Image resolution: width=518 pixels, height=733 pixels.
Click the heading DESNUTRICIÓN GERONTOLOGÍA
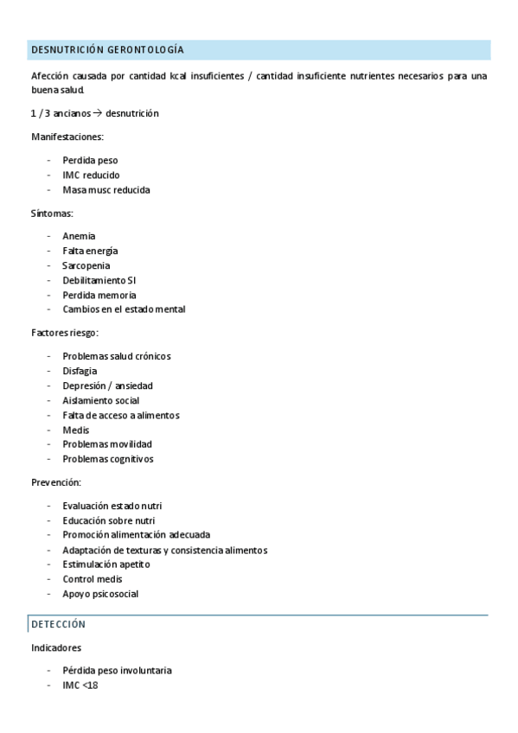(107, 50)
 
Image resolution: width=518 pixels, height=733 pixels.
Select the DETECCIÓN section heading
(58, 624)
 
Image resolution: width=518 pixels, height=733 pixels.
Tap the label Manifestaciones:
(67, 137)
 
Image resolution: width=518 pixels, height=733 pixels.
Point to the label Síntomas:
(52, 213)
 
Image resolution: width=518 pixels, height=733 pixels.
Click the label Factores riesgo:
(65, 333)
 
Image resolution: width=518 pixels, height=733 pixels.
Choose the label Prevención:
(56, 482)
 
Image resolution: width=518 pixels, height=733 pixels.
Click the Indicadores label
(56, 647)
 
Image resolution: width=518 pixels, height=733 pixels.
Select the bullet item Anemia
(79, 236)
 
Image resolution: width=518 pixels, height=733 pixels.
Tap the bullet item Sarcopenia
(86, 265)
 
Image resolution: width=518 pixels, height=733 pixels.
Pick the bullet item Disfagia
(80, 371)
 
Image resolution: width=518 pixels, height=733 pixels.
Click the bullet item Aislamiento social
(101, 400)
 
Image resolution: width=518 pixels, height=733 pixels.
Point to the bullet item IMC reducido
(91, 175)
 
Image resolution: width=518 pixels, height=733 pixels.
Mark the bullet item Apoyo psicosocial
(100, 595)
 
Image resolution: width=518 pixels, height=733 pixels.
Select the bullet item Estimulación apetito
(106, 564)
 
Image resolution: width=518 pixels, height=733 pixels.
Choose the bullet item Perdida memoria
(99, 295)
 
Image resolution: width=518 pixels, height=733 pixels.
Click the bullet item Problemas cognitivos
(108, 459)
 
